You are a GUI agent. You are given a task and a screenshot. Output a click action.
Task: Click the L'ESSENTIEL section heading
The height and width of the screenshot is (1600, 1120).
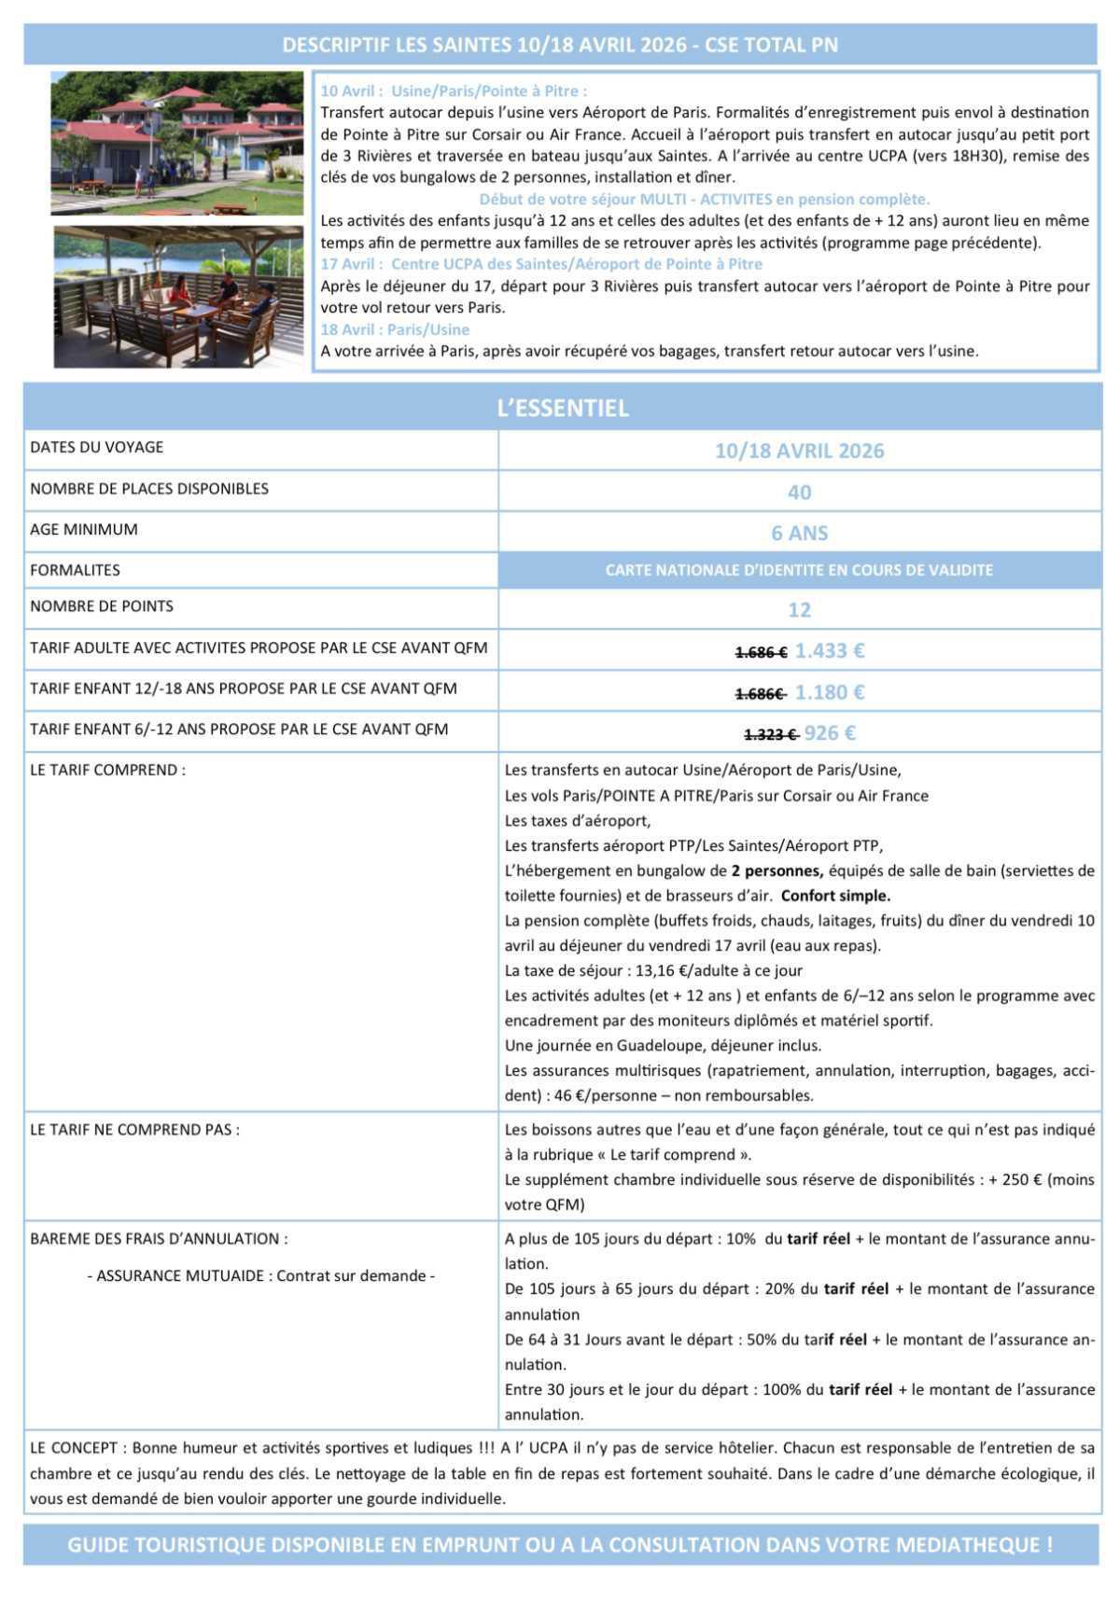click(x=563, y=408)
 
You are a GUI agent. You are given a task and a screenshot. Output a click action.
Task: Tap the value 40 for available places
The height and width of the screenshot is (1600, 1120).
click(x=800, y=493)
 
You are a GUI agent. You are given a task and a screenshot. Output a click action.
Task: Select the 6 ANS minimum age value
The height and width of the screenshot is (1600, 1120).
click(x=800, y=534)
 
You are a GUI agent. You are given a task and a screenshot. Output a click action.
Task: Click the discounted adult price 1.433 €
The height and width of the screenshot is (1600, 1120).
click(x=830, y=650)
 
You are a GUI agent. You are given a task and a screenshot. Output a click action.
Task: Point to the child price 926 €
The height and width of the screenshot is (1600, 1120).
click(x=830, y=733)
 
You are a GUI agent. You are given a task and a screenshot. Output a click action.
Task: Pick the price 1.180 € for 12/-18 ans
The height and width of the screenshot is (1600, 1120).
click(x=830, y=692)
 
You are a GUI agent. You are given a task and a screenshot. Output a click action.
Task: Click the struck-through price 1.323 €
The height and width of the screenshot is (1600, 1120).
click(x=770, y=734)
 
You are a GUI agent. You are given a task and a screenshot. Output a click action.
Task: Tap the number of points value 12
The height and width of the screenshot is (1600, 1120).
click(x=800, y=610)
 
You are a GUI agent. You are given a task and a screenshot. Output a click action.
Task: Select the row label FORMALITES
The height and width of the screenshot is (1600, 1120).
click(x=75, y=570)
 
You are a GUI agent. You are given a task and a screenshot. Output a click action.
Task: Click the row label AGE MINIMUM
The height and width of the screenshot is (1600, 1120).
click(x=84, y=530)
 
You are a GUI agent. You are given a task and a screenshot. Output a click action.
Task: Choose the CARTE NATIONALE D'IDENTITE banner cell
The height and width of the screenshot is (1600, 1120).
click(x=800, y=570)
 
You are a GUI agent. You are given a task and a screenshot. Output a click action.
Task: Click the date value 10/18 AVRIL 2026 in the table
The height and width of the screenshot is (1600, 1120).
click(x=800, y=452)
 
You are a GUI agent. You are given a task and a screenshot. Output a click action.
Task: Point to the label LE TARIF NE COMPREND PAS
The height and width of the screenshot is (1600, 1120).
click(x=134, y=1130)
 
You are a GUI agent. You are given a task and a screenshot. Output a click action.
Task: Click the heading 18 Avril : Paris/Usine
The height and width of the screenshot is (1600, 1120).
click(x=395, y=329)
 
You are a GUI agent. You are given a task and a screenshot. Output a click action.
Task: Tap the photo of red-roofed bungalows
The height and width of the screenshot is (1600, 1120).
click(x=177, y=143)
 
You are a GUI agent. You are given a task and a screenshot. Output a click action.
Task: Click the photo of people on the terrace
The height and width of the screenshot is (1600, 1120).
click(x=178, y=297)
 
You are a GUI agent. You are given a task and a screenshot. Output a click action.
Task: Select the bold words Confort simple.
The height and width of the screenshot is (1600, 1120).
click(x=836, y=896)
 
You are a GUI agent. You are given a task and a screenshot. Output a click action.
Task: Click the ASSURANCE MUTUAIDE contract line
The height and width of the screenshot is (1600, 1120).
click(x=261, y=1275)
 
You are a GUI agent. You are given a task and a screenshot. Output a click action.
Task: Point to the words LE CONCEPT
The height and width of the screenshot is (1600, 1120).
click(x=74, y=1449)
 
